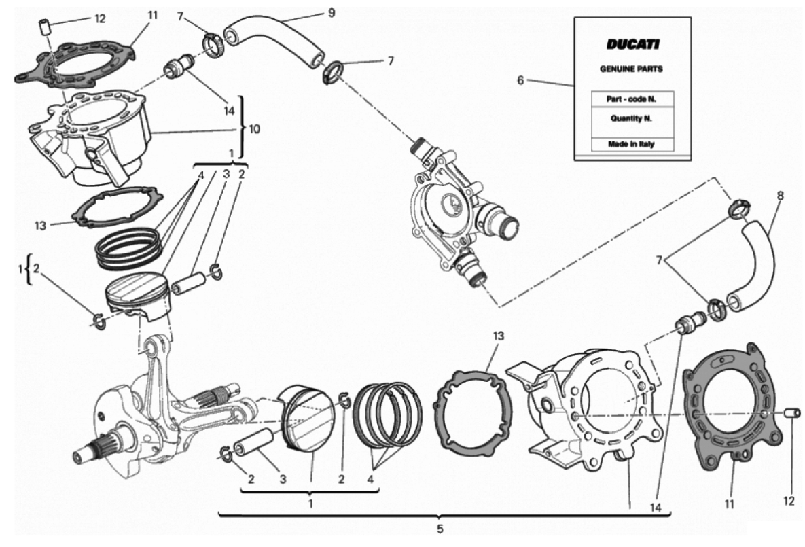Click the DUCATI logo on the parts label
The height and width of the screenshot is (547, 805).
pos(632,45)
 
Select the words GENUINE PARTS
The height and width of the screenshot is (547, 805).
pos(631,69)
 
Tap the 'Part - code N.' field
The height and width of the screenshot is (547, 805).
pos(631,99)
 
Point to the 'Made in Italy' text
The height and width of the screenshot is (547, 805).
pos(631,145)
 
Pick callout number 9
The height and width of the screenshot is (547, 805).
pos(331,12)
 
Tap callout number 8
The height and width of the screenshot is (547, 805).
pos(780,195)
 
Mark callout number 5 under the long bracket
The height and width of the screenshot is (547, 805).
pos(440,528)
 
